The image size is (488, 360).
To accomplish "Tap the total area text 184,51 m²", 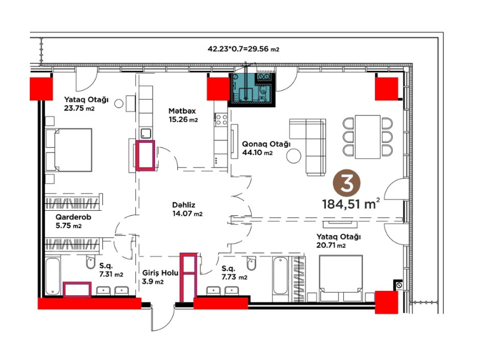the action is tap(351, 204).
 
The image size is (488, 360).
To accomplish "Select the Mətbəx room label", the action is tap(182, 110).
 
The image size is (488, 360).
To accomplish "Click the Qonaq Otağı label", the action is tap(266, 144).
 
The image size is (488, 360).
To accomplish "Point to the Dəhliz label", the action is tap(184, 205).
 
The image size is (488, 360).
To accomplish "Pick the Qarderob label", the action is tap(74, 217).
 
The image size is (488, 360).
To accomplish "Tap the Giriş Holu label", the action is tap(160, 273).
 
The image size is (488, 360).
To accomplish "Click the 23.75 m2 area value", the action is tap(79, 108).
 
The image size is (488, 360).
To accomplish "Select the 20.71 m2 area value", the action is tap(331, 245).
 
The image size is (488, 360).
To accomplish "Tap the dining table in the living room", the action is tap(367, 137).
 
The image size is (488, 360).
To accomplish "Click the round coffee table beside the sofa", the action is tap(294, 156).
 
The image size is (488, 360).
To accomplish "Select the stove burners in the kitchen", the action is tap(222, 120).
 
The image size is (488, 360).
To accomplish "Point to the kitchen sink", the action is tap(146, 133).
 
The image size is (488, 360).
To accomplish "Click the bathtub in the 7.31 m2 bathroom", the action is tap(53, 276).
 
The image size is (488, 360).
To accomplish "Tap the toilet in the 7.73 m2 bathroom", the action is tap(251, 263).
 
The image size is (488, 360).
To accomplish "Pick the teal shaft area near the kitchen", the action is tap(252, 90).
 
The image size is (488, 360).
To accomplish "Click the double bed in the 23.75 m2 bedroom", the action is tap(69, 150).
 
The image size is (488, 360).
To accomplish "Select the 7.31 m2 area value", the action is tap(111, 274).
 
